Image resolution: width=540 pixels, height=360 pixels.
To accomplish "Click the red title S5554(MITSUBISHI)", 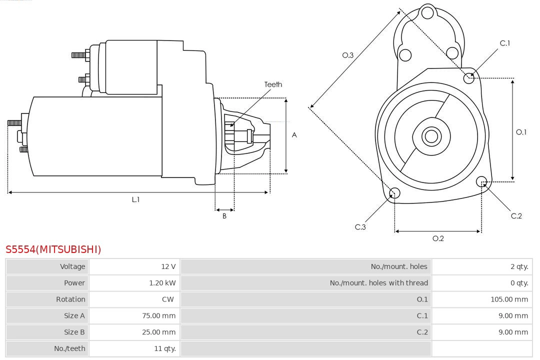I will pyautogui.click(x=53, y=249).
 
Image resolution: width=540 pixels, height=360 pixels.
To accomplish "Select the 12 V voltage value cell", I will pyautogui.click(x=168, y=266).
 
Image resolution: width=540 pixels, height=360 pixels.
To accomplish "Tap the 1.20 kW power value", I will pyautogui.click(x=162, y=283).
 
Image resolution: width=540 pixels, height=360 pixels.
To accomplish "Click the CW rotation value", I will pyautogui.click(x=168, y=299).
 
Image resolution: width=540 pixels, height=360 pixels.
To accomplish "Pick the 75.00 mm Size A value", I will pyautogui.click(x=158, y=315).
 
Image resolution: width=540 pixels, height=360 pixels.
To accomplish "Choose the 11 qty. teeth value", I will pyautogui.click(x=164, y=348).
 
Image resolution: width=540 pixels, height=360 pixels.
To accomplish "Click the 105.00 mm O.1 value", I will pyautogui.click(x=509, y=299).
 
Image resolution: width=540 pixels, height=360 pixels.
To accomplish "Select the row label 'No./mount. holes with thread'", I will pyautogui.click(x=378, y=283).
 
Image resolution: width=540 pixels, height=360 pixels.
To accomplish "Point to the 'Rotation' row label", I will pyautogui.click(x=70, y=299).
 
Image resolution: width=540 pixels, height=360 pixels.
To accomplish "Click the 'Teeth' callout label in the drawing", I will pyautogui.click(x=273, y=84).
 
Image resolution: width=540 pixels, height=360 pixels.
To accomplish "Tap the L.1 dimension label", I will pyautogui.click(x=135, y=199).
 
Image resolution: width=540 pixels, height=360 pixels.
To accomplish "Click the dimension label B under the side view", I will pyautogui.click(x=224, y=216).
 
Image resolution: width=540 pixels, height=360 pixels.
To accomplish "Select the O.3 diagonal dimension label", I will pyautogui.click(x=347, y=55).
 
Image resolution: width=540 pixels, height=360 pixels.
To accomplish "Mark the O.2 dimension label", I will pyautogui.click(x=438, y=238).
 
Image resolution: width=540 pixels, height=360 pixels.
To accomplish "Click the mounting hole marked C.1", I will pyautogui.click(x=469, y=77).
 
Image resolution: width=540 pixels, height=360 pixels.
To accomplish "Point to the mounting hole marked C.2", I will pyautogui.click(x=481, y=181).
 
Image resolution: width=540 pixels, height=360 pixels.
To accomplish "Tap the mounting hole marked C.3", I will pyautogui.click(x=394, y=193).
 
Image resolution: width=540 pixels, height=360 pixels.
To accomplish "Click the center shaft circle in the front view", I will pyautogui.click(x=430, y=136).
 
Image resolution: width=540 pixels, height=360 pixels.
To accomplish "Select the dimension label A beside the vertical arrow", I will pyautogui.click(x=294, y=135).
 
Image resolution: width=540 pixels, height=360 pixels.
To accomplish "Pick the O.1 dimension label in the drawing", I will pyautogui.click(x=521, y=132).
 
